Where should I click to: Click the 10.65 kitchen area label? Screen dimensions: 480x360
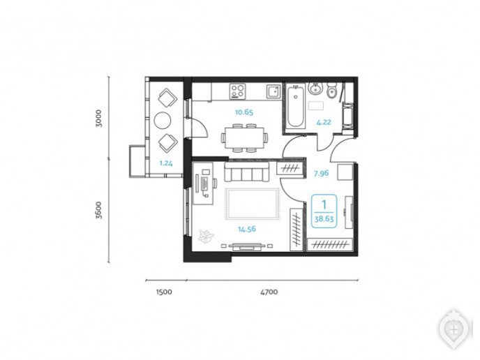pos(244,112)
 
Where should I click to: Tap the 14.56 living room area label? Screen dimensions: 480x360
pos(247,229)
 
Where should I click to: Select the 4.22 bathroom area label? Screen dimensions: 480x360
pos(324,122)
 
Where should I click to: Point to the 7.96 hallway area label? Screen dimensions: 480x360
pos(321,174)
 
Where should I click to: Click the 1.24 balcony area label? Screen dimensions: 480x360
pos(166,163)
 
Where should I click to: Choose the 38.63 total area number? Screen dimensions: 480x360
pos(324,219)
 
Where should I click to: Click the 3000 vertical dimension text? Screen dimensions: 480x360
pos(98,118)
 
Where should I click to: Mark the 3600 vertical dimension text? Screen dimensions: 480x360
pos(98,210)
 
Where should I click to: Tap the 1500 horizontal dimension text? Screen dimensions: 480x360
pos(164,292)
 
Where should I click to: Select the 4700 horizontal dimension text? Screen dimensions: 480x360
pos(269,292)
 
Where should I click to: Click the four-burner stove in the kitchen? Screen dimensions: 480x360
pos(237,91)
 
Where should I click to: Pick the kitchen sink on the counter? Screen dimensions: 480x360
pos(273,91)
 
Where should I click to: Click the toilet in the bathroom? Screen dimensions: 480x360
pos(331,90)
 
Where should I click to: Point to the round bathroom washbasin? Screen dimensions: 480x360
pos(315,89)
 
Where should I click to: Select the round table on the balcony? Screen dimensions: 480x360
pos(163,120)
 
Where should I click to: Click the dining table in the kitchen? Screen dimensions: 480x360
pos(245,138)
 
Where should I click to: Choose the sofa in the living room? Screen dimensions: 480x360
pos(246,172)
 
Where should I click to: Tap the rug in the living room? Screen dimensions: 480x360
pos(253,204)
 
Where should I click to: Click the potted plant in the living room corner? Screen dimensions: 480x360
pos(206,236)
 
